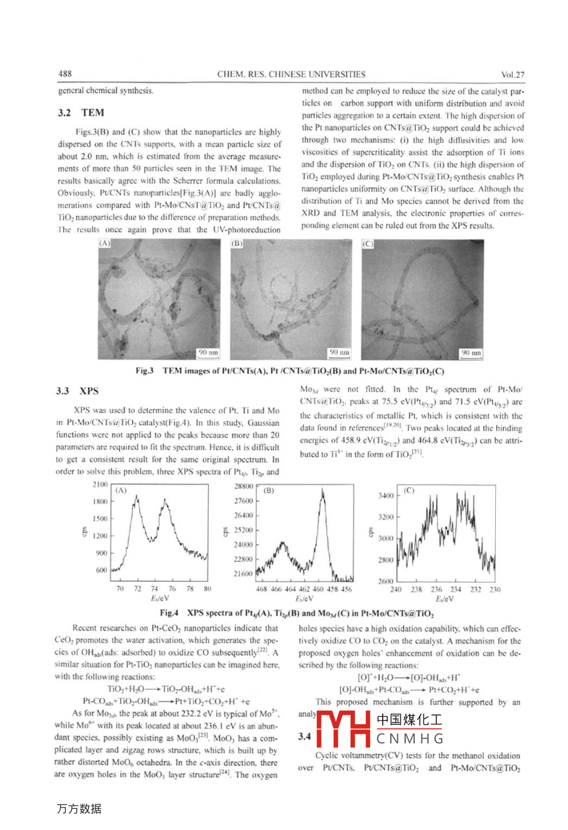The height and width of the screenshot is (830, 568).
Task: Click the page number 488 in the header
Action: pyautogui.click(x=65, y=74)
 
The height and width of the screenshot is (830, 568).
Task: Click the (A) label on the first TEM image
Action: pyautogui.click(x=105, y=243)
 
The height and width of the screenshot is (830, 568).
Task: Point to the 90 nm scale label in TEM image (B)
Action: pyautogui.click(x=339, y=353)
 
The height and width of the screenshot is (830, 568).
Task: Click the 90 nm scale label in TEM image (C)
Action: pyautogui.click(x=471, y=353)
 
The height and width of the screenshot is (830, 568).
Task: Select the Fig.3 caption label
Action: pyautogui.click(x=145, y=371)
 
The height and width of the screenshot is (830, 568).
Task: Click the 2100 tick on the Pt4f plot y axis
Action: pyautogui.click(x=100, y=484)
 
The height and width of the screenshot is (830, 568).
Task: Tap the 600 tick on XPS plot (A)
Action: pyautogui.click(x=102, y=570)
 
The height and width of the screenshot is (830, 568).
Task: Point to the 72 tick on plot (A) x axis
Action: pyautogui.click(x=138, y=589)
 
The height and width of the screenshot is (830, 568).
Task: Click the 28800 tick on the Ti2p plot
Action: pyautogui.click(x=243, y=486)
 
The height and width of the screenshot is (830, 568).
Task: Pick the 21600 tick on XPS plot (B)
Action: pyautogui.click(x=243, y=573)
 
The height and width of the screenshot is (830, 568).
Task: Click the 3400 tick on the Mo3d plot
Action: pyautogui.click(x=386, y=495)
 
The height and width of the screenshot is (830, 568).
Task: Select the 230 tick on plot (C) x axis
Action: pyautogui.click(x=495, y=590)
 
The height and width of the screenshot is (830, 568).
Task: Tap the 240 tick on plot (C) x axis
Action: pyautogui.click(x=396, y=590)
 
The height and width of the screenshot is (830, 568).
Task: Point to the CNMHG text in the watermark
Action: pyautogui.click(x=410, y=739)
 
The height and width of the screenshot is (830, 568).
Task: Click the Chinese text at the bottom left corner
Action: pyautogui.click(x=79, y=809)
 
